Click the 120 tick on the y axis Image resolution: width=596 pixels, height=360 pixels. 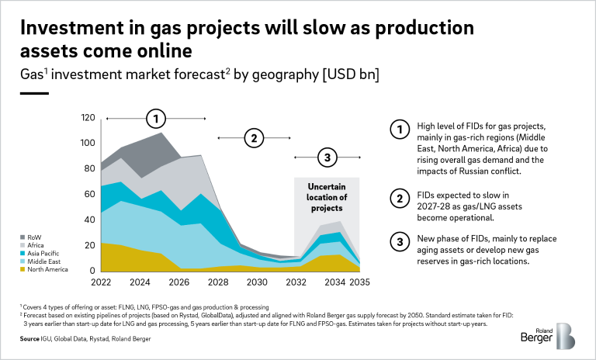(88, 118)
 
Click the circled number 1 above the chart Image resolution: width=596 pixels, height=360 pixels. (157, 119)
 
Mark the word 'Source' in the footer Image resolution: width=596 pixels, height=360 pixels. (29, 339)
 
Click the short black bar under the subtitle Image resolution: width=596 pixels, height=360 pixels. (34, 93)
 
